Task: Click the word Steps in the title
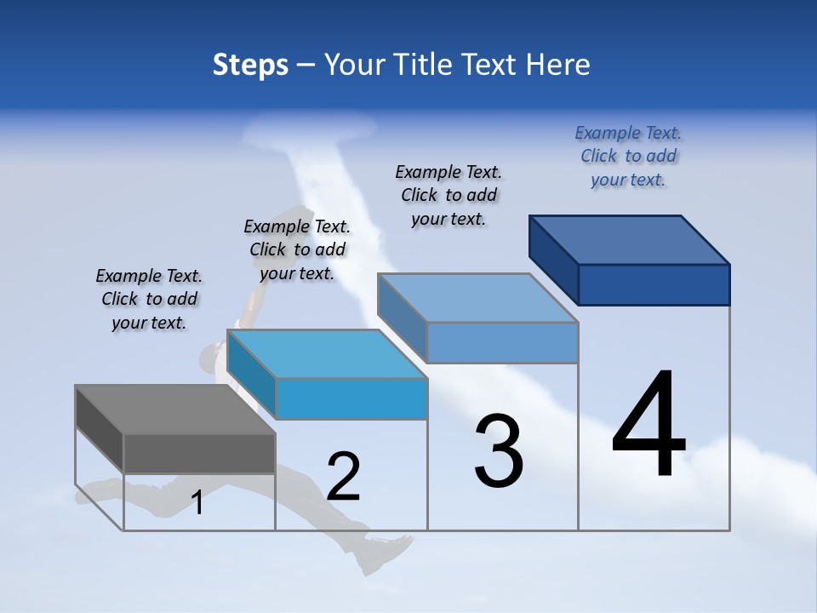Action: (250, 65)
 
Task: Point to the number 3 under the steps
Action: (499, 450)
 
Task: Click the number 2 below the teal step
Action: (343, 476)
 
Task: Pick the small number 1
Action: (197, 502)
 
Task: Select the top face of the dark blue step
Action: (630, 239)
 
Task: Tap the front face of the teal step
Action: (351, 398)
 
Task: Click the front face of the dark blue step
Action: (654, 284)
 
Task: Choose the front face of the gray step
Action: (199, 453)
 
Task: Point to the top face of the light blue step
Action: (478, 298)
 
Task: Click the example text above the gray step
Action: (149, 299)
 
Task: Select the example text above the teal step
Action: (297, 249)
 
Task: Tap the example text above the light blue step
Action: (448, 195)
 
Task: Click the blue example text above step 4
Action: (628, 156)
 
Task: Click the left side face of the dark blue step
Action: (553, 258)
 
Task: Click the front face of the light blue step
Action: (502, 343)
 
